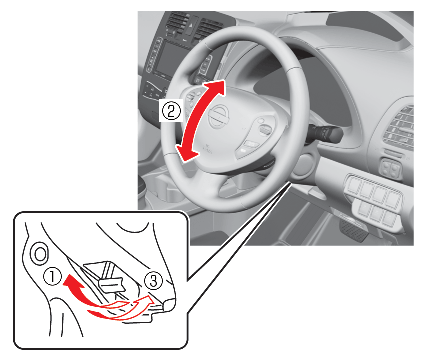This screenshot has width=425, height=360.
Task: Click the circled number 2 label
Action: point(171,111)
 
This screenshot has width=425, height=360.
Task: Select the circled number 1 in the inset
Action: point(53,278)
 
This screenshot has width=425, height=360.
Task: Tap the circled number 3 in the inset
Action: point(153,281)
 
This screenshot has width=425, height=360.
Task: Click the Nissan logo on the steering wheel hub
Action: point(219,119)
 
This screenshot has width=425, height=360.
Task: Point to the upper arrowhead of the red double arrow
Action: point(217,88)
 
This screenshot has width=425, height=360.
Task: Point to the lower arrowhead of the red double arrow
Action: point(187,153)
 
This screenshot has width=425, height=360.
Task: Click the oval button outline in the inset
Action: point(40,255)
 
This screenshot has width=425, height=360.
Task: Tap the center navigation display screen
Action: point(168,60)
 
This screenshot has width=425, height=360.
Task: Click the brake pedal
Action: point(353,230)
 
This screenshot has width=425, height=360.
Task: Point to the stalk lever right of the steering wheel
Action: point(327,133)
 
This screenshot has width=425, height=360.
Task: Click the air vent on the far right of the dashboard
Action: point(400,129)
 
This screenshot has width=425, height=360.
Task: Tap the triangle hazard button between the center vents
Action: point(190,27)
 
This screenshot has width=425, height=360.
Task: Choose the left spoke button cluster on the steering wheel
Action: point(193,98)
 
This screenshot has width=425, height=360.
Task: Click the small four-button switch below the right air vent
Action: point(391,169)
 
